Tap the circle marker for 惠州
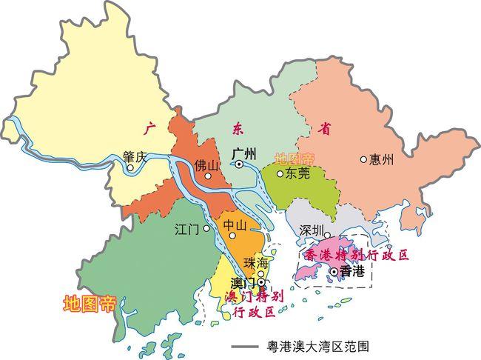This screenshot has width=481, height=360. [363, 159]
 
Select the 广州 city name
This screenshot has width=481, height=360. [243, 153]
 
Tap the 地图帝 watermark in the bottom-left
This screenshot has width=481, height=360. [90, 304]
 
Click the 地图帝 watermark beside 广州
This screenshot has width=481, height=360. [294, 159]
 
